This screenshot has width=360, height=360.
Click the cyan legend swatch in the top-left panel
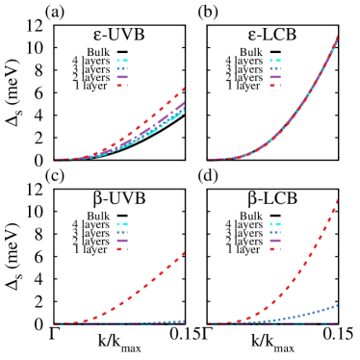(x=122, y=61)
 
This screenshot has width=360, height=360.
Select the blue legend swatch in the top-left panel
(x=122, y=69)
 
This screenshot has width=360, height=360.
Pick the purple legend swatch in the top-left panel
(x=122, y=77)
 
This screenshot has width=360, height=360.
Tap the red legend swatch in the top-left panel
(x=122, y=86)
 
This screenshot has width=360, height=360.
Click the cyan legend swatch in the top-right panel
(x=275, y=61)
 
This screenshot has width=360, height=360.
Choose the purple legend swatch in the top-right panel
(x=275, y=77)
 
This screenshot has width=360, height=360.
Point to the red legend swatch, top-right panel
(x=275, y=86)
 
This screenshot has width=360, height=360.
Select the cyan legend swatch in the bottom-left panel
(x=122, y=224)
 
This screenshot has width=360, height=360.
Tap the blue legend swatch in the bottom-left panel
(x=122, y=233)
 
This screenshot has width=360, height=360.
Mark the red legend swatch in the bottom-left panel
(x=122, y=249)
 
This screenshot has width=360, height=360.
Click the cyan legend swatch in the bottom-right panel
(x=275, y=224)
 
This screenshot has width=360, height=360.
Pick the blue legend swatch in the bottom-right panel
(x=275, y=233)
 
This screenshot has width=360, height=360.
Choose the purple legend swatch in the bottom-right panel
(x=275, y=241)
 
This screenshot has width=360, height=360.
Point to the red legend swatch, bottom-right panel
(x=275, y=249)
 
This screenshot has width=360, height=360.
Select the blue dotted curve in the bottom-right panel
(x=308, y=313)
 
